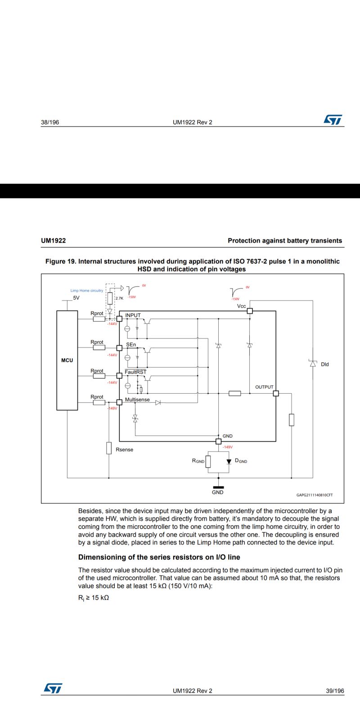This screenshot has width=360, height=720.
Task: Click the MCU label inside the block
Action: tap(67, 360)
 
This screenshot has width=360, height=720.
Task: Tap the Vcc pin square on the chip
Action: tap(250, 311)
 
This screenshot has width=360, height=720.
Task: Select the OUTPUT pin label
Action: tap(264, 387)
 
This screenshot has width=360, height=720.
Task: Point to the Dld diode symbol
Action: tap(313, 364)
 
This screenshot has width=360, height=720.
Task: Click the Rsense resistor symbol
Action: tap(109, 448)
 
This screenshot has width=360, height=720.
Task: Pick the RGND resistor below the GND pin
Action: tap(208, 462)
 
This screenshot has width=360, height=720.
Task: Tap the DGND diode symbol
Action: tap(229, 462)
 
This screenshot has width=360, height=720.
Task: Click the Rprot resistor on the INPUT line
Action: tap(99, 319)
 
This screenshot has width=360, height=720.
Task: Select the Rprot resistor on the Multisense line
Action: tap(99, 402)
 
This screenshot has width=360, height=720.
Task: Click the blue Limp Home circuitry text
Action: tap(86, 291)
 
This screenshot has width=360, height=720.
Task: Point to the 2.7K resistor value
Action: tap(119, 298)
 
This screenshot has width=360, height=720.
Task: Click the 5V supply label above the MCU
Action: tap(76, 298)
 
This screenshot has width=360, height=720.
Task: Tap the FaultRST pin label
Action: tap(135, 372)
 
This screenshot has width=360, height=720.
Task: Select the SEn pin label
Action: tap(131, 344)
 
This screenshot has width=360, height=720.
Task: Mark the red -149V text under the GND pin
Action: tap(228, 447)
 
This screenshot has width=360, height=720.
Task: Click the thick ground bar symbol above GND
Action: tap(218, 487)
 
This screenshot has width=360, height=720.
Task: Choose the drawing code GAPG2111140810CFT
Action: tap(315, 495)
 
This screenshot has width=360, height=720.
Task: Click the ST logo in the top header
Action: tap(333, 120)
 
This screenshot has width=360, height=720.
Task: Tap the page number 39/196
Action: tap(335, 691)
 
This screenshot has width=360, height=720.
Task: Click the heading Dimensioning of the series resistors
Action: tap(159, 557)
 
